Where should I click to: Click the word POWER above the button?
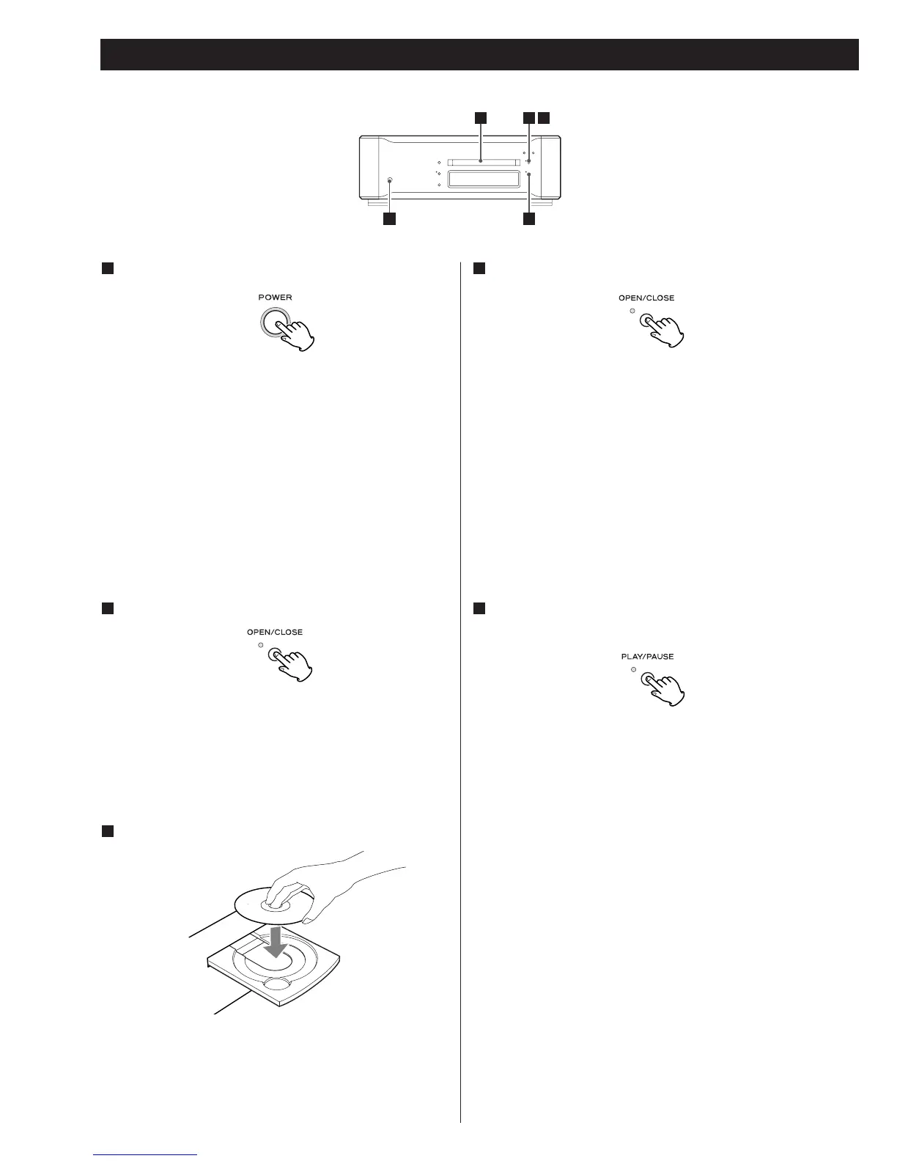tap(275, 298)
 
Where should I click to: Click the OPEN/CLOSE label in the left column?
tap(275, 632)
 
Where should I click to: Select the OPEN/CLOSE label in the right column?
tap(646, 298)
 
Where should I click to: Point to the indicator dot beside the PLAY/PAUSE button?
tap(632, 670)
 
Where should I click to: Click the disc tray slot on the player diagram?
tap(481, 161)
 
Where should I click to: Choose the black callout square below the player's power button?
tap(389, 218)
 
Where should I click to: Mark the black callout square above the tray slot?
tap(480, 117)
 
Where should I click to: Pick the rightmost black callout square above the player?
tap(543, 117)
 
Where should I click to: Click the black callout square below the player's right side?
tap(528, 218)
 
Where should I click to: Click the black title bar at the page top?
tap(479, 54)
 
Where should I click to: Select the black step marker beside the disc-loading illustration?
tap(106, 830)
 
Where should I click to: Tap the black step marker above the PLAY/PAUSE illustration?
tap(479, 608)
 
